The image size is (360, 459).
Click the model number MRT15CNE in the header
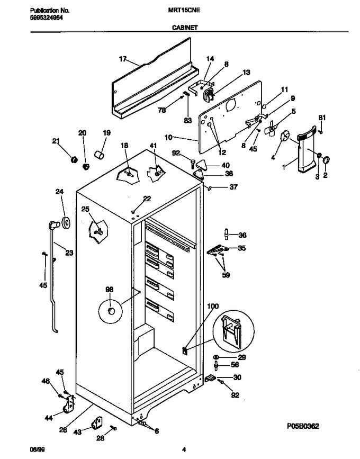[x=184, y=10]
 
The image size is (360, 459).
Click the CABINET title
[x=185, y=28]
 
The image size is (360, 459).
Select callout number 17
[x=123, y=59]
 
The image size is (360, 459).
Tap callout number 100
[x=213, y=306]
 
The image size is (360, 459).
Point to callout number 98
[x=109, y=290]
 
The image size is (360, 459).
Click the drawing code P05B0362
[x=303, y=426]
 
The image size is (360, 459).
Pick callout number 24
[x=59, y=192]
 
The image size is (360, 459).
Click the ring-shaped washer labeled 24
[x=66, y=223]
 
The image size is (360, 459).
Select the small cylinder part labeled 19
[x=99, y=154]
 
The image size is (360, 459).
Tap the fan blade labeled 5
[x=272, y=128]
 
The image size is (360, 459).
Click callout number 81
[x=322, y=118]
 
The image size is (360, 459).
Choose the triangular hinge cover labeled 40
[x=201, y=164]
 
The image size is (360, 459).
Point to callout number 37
[x=233, y=187]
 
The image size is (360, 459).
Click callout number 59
[x=226, y=275]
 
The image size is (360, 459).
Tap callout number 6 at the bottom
[x=157, y=431]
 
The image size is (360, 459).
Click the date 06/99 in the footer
[x=38, y=449]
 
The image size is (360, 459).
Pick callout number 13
[x=246, y=72]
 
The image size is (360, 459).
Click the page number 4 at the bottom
[x=184, y=449]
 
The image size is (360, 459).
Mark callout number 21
[x=56, y=141]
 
